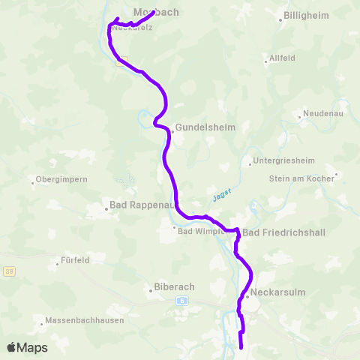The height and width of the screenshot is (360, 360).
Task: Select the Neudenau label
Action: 325,115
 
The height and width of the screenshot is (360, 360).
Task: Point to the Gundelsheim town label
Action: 205,127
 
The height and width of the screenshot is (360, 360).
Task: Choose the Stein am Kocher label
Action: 301,178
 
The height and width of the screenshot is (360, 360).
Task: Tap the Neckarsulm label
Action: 279,292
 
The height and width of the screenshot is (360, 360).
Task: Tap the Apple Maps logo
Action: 27,347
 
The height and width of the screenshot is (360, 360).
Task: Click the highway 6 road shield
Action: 181,300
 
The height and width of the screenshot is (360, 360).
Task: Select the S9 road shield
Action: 9,271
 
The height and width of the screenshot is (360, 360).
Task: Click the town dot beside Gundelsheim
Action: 172,132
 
